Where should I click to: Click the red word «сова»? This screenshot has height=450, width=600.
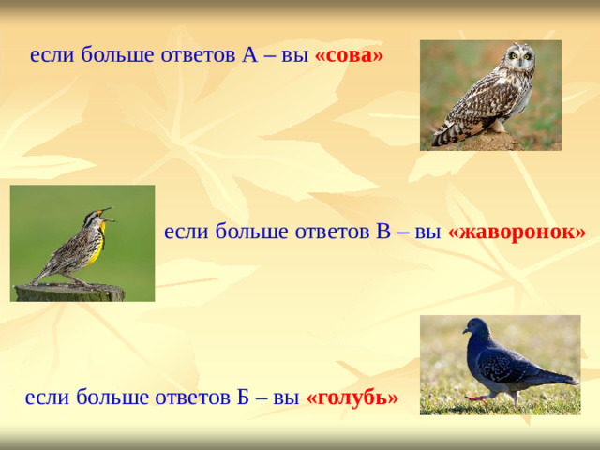pyautogui.click(x=349, y=54)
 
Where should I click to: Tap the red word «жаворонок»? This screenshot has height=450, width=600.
pyautogui.click(x=517, y=232)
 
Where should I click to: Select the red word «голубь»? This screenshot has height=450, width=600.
pyautogui.click(x=352, y=397)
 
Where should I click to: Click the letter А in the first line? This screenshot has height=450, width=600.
pyautogui.click(x=249, y=54)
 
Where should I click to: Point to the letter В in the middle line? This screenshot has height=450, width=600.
pyautogui.click(x=382, y=232)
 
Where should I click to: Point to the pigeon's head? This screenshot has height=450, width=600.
pyautogui.click(x=475, y=329)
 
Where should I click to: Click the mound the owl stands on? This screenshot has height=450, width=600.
pyautogui.click(x=488, y=142)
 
